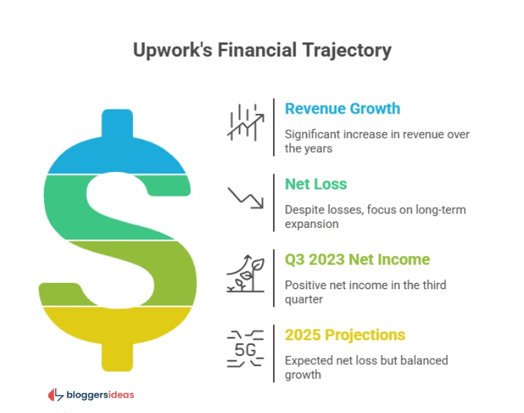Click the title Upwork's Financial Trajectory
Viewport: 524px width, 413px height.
pyautogui.click(x=261, y=50)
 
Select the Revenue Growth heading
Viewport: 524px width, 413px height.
pyautogui.click(x=342, y=109)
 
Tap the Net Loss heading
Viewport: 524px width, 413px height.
pyautogui.click(x=316, y=184)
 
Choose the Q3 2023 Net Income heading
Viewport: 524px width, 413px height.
pyautogui.click(x=357, y=260)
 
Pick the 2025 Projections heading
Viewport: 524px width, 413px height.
pyautogui.click(x=345, y=335)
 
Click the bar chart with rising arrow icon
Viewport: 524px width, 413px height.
pyautogui.click(x=244, y=123)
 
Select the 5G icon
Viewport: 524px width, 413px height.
pyautogui.click(x=245, y=349)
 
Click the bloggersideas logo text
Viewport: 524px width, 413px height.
pyautogui.click(x=99, y=395)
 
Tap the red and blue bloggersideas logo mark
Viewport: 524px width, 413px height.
pyautogui.click(x=56, y=395)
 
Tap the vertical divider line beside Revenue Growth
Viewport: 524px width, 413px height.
pyautogui.click(x=274, y=127)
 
